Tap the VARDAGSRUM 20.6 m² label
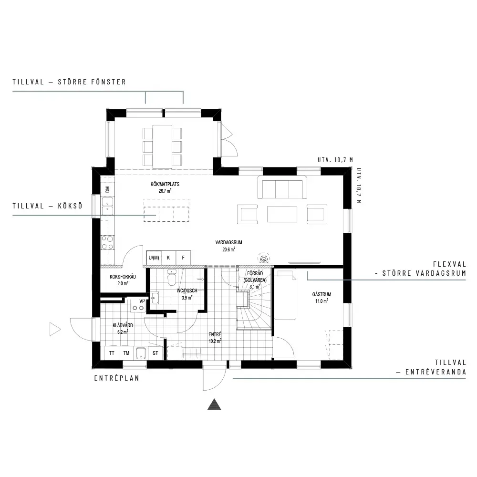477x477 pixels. (229, 246)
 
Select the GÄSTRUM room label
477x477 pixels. (321, 298)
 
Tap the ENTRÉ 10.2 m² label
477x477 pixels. (215, 338)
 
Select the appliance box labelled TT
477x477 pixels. (112, 353)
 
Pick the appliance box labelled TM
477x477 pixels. (126, 353)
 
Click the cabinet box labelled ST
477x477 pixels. (156, 353)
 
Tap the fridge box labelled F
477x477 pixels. (183, 258)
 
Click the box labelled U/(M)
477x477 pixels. (154, 258)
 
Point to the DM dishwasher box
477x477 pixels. (107, 189)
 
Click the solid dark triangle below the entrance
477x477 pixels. (214, 404)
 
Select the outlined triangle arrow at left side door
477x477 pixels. (55, 330)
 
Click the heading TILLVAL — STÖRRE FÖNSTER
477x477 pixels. (69, 82)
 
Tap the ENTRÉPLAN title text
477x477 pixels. (116, 378)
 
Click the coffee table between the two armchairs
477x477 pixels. (282, 214)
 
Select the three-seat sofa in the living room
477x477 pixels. (282, 187)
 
